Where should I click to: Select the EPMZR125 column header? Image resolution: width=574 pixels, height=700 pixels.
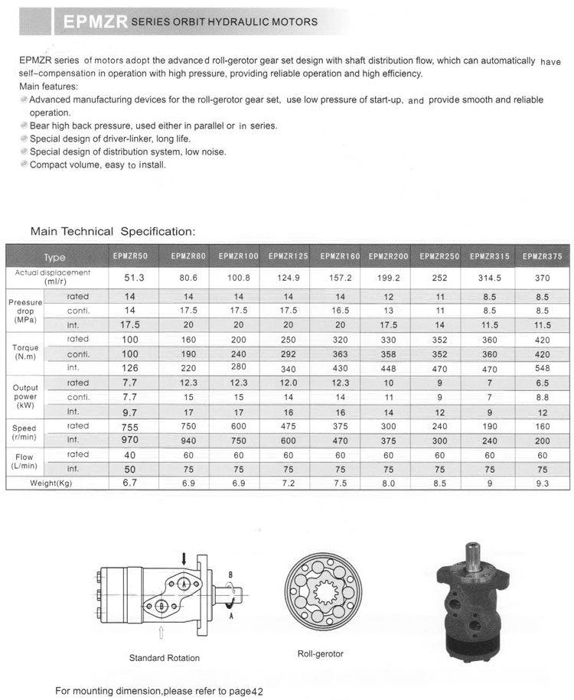[287, 256]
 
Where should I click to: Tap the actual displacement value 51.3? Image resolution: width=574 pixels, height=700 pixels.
[129, 278]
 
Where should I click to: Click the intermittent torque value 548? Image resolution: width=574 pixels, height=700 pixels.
[542, 368]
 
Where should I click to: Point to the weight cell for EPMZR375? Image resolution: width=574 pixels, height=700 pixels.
[542, 483]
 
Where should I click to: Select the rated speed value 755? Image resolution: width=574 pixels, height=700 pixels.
[129, 426]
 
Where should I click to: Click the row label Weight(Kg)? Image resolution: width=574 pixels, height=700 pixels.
[51, 483]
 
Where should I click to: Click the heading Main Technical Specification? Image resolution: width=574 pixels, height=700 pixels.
[113, 231]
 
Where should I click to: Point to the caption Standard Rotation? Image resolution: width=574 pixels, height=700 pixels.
[164, 658]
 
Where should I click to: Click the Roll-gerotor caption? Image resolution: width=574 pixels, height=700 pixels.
[320, 654]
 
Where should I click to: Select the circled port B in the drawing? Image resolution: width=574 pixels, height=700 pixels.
[161, 606]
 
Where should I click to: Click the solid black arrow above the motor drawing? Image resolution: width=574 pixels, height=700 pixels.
[183, 559]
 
